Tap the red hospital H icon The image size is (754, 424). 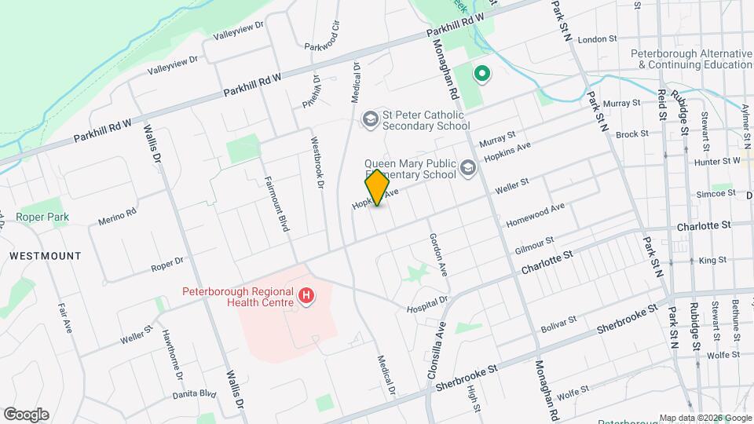coord(307,297)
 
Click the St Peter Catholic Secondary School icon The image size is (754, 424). coord(369,119)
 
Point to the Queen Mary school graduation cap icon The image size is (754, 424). coord(468,167)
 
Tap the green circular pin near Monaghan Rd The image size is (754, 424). coord(481,75)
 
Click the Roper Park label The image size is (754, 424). coord(42,217)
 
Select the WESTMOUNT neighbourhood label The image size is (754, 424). coord(46,256)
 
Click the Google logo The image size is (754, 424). coord(26,415)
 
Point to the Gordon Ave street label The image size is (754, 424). coord(437,254)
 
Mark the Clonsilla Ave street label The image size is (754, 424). coord(437,350)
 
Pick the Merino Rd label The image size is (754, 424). coord(118,215)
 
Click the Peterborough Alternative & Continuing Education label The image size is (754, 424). coord(691,60)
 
